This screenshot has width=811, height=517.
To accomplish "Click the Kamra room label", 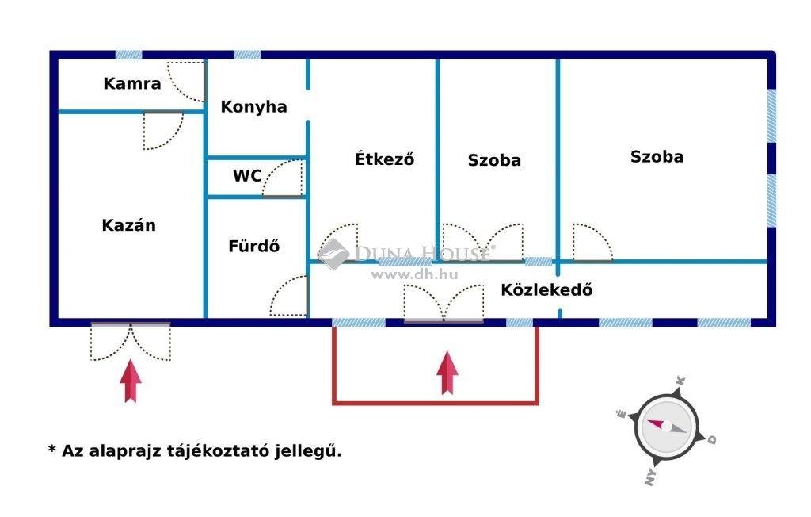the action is point(132,83).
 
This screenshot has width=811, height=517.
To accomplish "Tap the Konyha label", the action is point(253,107).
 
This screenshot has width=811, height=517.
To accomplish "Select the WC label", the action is point(247,175).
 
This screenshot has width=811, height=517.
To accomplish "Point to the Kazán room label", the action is point(128,225).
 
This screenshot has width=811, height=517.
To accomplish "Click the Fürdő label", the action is point(254,246).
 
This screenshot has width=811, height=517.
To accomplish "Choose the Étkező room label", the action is point(384,159).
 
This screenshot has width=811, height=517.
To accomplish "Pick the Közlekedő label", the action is point(546,289).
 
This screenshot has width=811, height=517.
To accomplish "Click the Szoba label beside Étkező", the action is point(494,160).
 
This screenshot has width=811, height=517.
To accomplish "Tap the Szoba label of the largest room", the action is point(657,156).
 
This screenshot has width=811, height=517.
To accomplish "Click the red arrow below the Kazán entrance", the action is point(131,381).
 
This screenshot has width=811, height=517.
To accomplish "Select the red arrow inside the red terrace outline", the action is point(447,373).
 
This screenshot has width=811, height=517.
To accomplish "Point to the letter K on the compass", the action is point(680,381).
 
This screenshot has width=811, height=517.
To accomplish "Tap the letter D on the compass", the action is point(712,439).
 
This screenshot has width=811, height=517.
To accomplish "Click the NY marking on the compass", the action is point(651,476).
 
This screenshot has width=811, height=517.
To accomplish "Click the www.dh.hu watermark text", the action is point(415,274).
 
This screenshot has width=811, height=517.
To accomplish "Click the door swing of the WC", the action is point(282,178).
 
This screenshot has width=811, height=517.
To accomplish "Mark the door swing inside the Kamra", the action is point(186,82).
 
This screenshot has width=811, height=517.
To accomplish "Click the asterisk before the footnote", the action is point(51,448).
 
